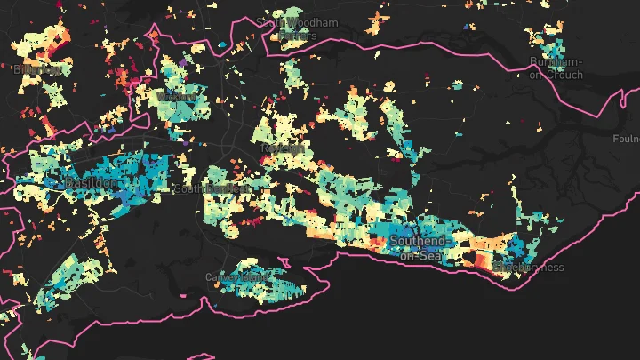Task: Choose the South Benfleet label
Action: [x=207, y=189]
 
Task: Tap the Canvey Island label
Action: [x=236, y=277]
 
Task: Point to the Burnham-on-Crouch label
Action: [x=555, y=68]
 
